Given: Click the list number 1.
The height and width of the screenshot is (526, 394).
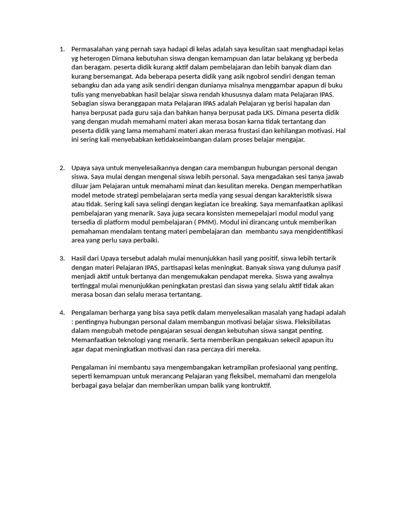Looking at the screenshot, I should tap(62, 49).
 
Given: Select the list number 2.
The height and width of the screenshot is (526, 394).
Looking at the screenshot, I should tap(62, 168).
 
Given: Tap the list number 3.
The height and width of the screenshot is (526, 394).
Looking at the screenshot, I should tap(62, 258).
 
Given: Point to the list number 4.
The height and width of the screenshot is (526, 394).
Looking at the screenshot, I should tap(62, 312).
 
